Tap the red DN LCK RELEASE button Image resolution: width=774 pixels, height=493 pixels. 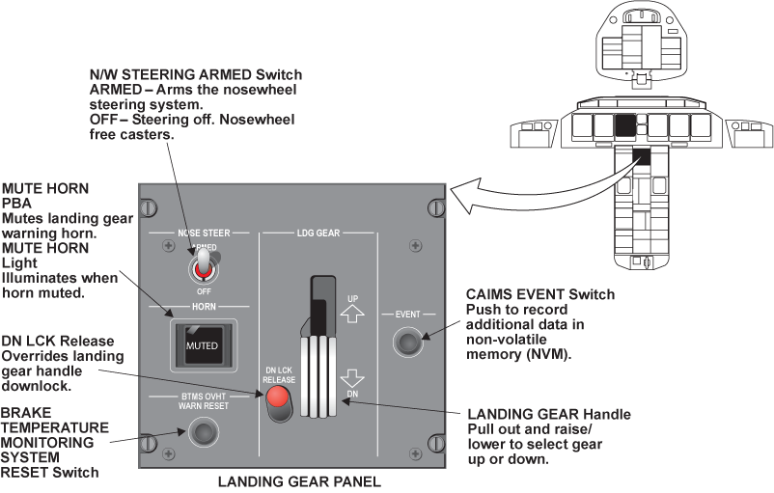[280, 397]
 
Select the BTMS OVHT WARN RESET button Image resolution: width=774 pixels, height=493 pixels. [201, 432]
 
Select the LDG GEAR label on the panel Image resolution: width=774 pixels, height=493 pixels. [318, 233]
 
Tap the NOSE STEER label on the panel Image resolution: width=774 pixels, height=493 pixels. [202, 233]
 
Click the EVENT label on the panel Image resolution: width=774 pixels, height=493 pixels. [407, 314]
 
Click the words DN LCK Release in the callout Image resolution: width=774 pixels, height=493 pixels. [57, 341]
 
